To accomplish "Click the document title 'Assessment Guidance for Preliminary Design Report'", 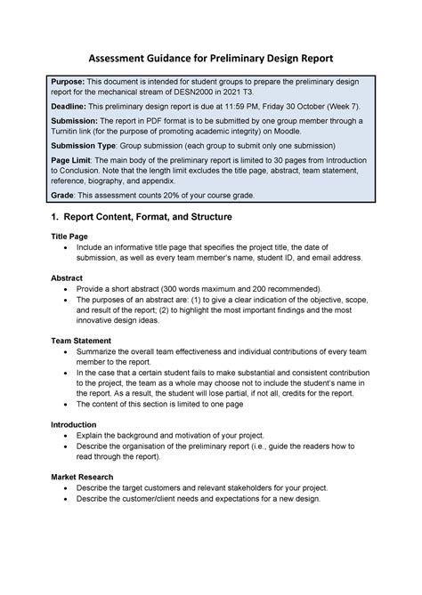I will [210, 58].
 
